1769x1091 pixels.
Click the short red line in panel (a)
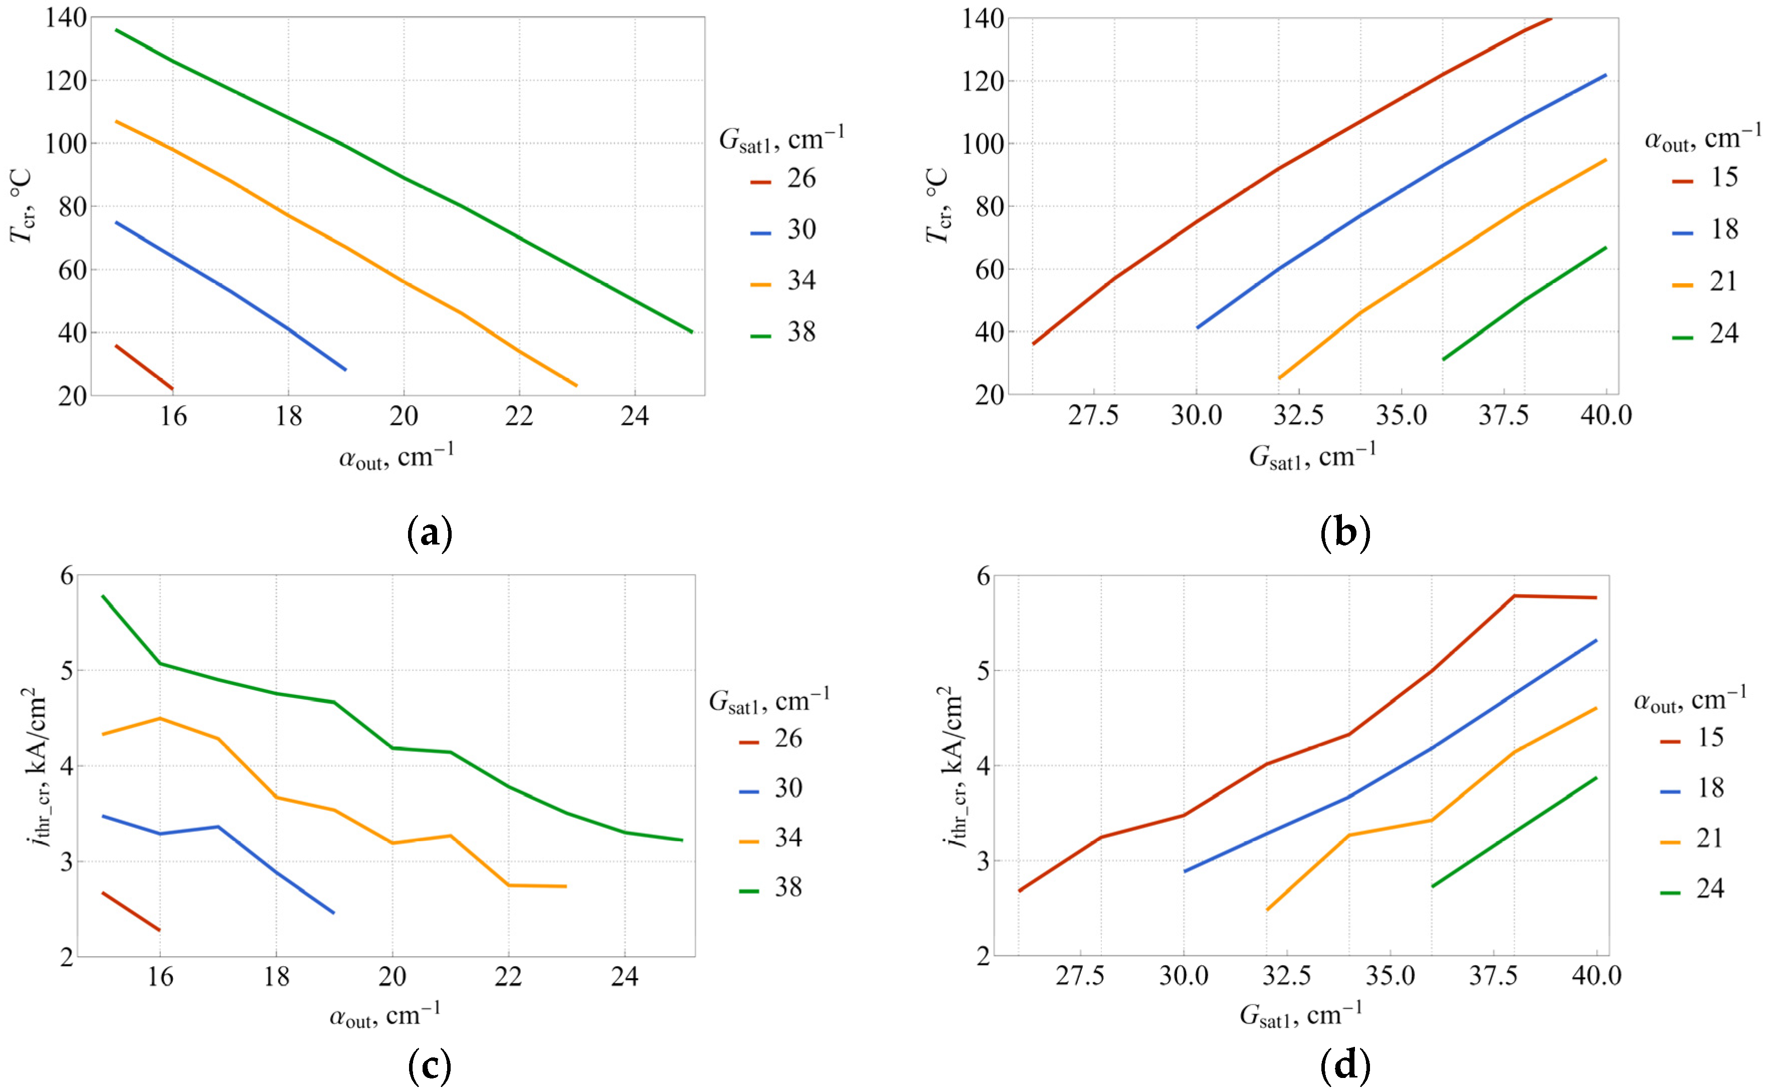[x=143, y=368]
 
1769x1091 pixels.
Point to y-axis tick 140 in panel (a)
[x=66, y=18]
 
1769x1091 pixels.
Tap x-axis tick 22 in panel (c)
[x=508, y=977]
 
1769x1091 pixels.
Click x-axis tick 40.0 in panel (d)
[x=1596, y=976]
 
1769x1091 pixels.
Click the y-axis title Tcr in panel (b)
[x=937, y=206]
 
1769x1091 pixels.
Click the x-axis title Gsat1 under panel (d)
[x=1300, y=1015]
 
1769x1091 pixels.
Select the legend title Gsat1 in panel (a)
[x=781, y=138]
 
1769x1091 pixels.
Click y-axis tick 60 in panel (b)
[x=984, y=270]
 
